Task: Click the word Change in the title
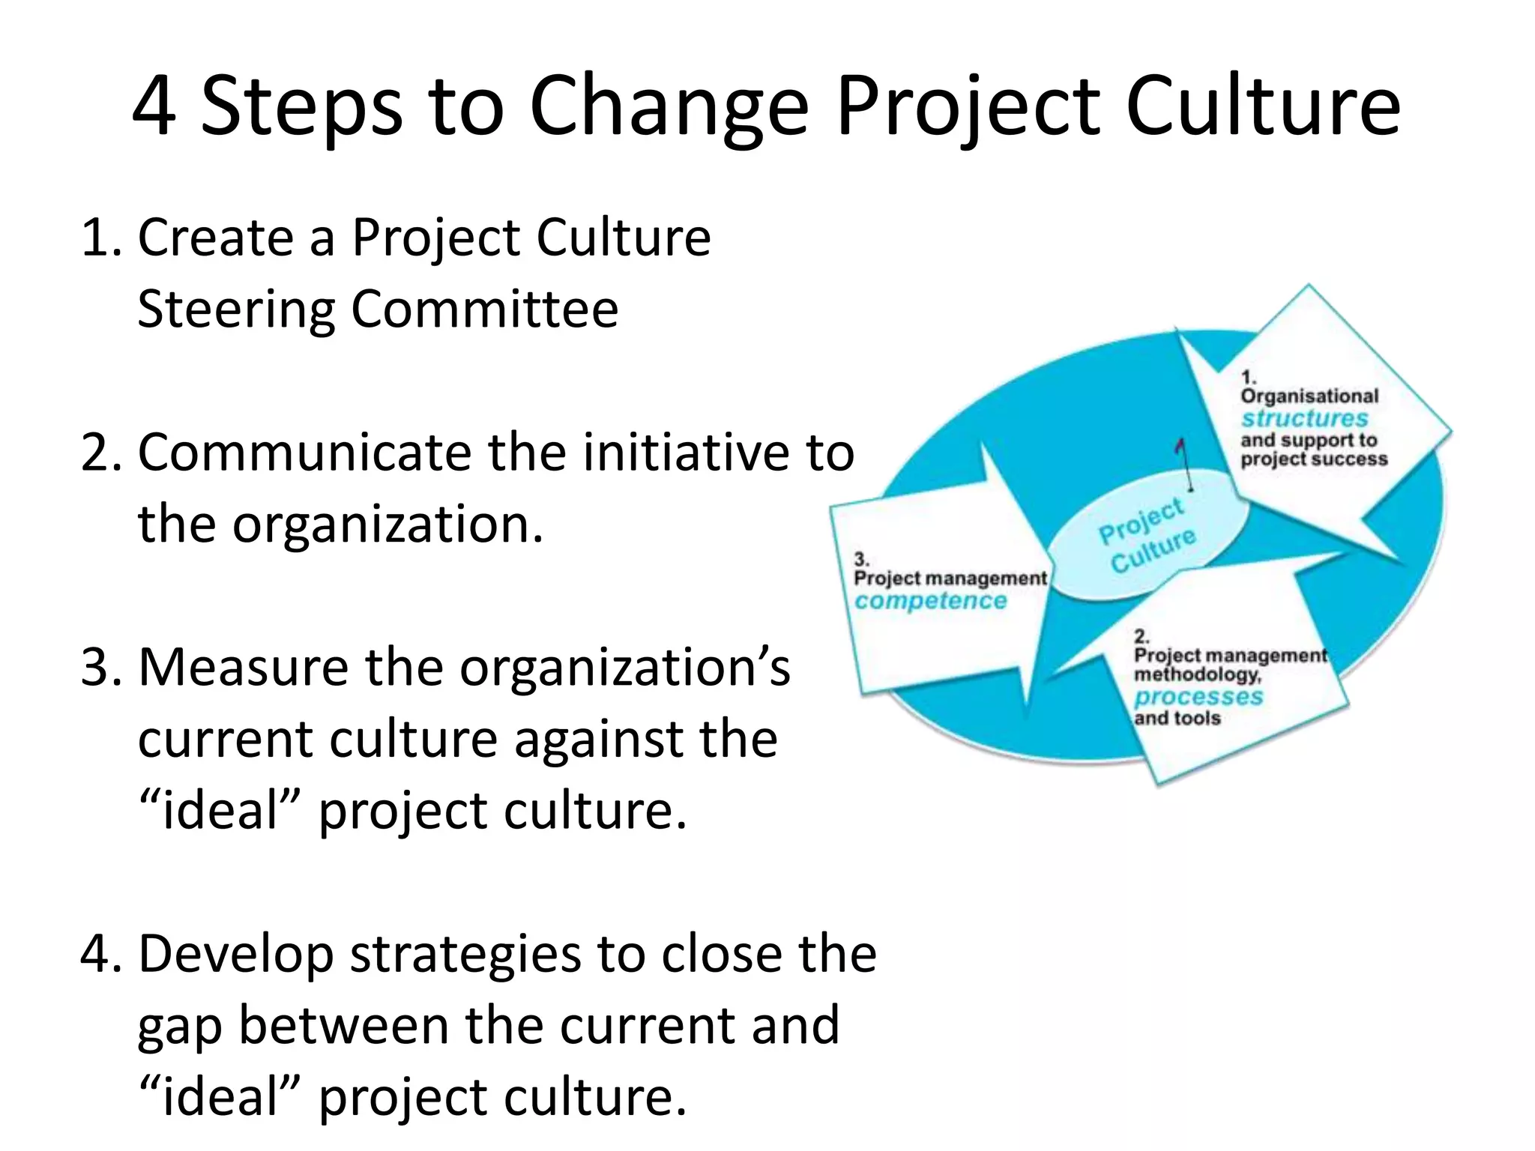(x=669, y=107)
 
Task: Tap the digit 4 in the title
(x=155, y=107)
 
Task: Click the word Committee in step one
(x=485, y=309)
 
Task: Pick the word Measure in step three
(x=244, y=667)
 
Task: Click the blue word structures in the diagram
(x=1304, y=418)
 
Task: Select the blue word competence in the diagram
(x=930, y=601)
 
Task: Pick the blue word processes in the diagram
(x=1198, y=697)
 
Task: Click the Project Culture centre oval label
(x=1147, y=535)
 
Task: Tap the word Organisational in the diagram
(x=1309, y=396)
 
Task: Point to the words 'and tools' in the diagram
(x=1177, y=719)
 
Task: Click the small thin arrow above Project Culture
(x=1184, y=461)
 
